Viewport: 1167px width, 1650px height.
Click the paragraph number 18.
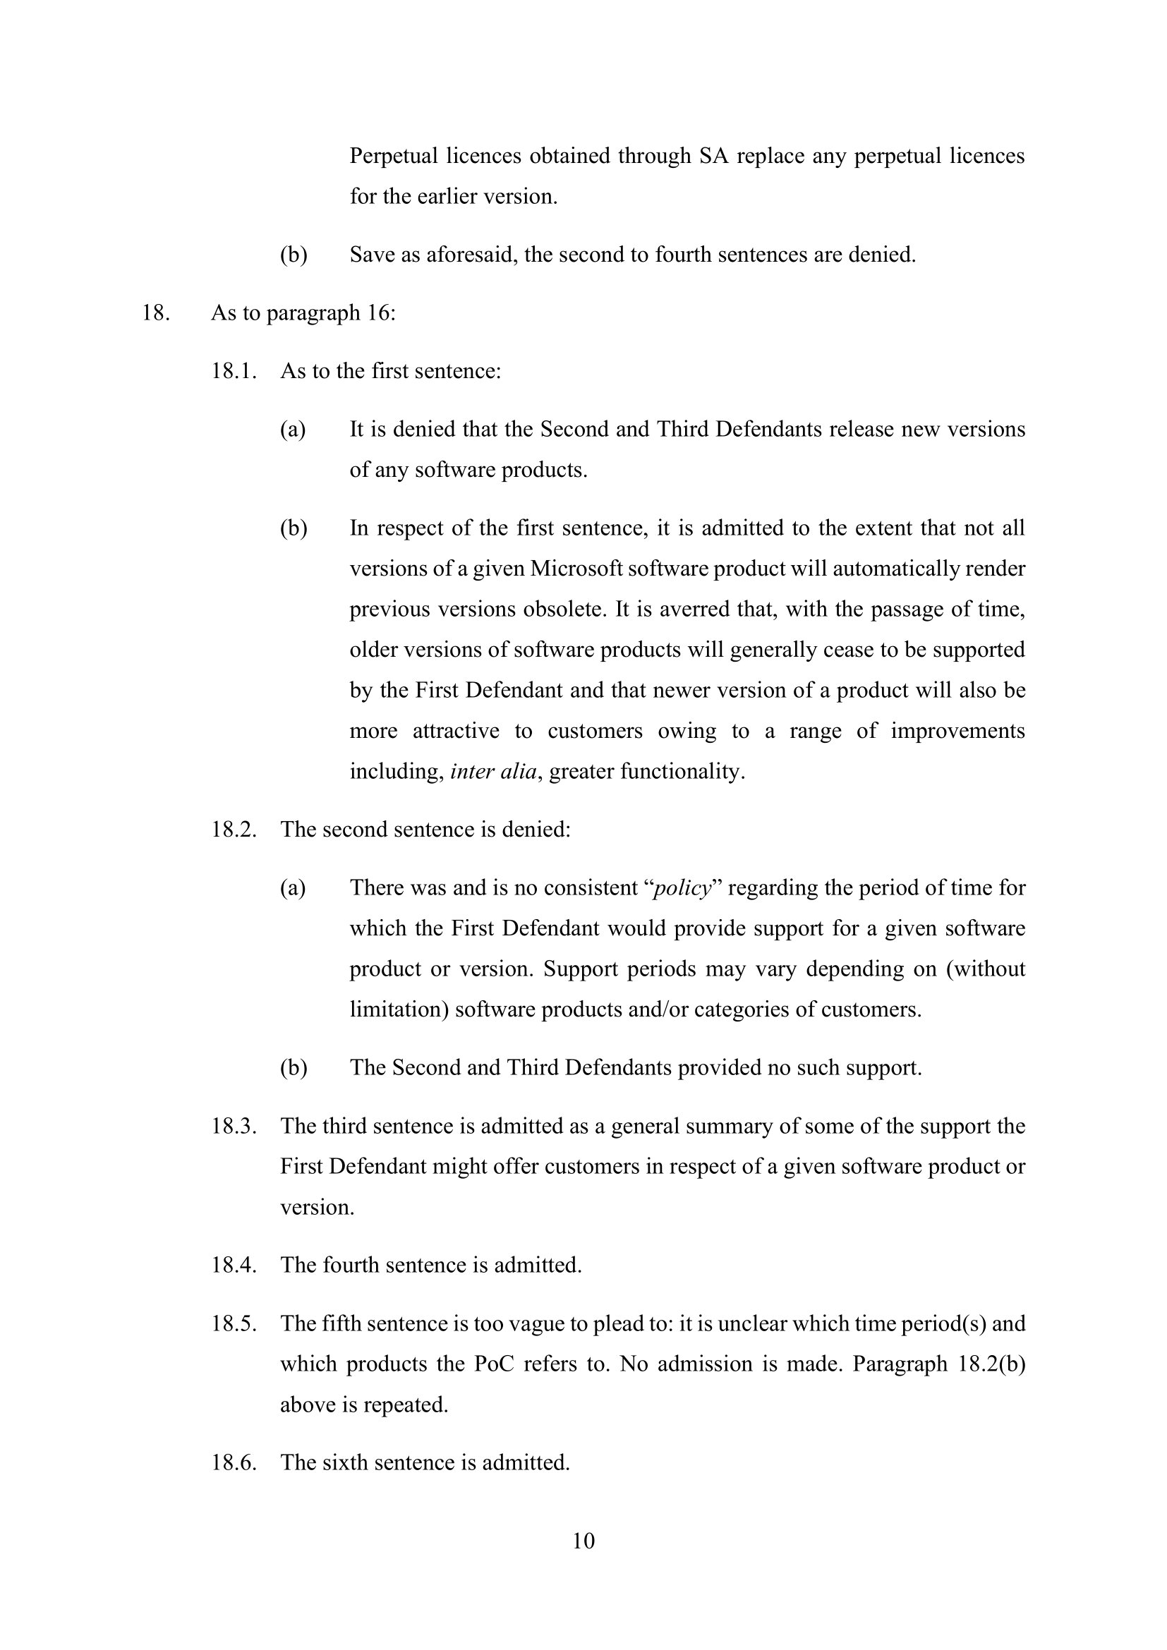pos(155,313)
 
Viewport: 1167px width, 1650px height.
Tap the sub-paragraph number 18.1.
pos(234,372)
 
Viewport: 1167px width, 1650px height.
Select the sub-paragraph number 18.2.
pos(234,830)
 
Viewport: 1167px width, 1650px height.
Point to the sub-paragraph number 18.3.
pos(234,1125)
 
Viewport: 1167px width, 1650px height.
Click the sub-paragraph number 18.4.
pos(234,1265)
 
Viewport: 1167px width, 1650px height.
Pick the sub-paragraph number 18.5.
pos(234,1323)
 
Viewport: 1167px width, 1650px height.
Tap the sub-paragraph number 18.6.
pos(234,1462)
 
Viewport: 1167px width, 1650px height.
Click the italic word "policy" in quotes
pos(683,888)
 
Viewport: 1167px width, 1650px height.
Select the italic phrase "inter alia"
pos(493,772)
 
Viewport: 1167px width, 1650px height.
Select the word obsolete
pos(565,609)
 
